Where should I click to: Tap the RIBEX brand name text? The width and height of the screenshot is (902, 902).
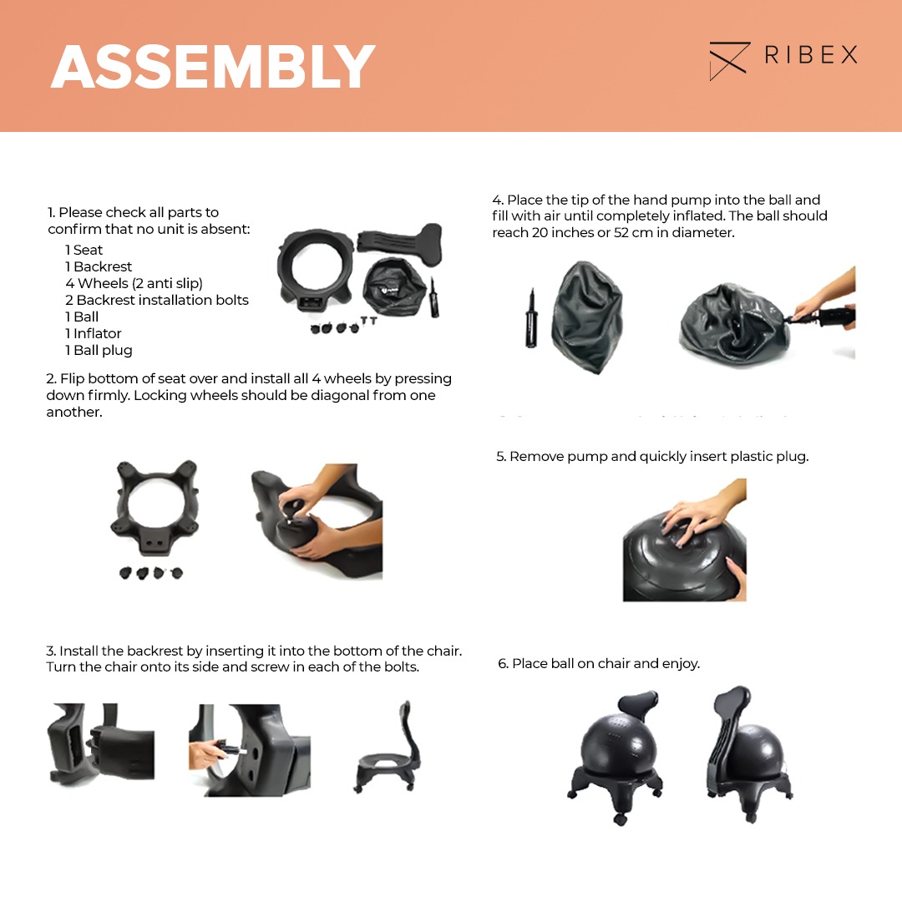[x=810, y=55]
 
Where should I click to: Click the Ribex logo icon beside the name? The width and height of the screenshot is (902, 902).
[x=729, y=60]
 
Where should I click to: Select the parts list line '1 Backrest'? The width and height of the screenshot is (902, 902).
[x=99, y=266]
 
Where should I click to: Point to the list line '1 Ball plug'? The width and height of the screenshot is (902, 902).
[x=99, y=350]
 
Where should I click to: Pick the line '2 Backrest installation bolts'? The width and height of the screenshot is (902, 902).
[x=156, y=300]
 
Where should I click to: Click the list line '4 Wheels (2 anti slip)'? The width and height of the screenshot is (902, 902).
[x=134, y=283]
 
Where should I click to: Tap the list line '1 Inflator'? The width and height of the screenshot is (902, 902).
[x=93, y=333]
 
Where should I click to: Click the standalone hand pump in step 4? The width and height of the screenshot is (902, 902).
[x=531, y=319]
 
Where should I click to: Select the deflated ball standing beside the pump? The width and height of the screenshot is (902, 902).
[x=587, y=317]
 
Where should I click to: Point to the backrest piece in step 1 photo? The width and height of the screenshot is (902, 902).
[x=400, y=241]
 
